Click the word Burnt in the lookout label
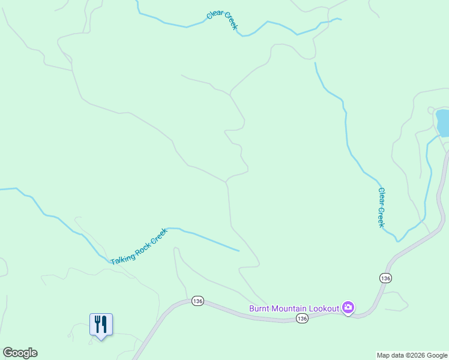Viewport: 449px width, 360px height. coord(259,308)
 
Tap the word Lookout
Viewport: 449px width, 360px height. coord(325,308)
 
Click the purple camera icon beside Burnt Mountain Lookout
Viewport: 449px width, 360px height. coord(348,308)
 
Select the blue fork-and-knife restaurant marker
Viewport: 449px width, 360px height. coord(101,325)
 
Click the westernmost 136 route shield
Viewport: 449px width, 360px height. coord(198,301)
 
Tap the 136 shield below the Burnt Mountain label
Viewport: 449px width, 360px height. coord(302,319)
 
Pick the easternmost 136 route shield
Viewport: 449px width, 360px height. coord(385,278)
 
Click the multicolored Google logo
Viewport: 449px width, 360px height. coord(20,353)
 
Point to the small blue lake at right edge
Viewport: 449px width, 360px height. coord(443,122)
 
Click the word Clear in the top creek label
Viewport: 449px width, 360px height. coord(214,13)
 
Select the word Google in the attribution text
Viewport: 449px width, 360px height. coord(436,355)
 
